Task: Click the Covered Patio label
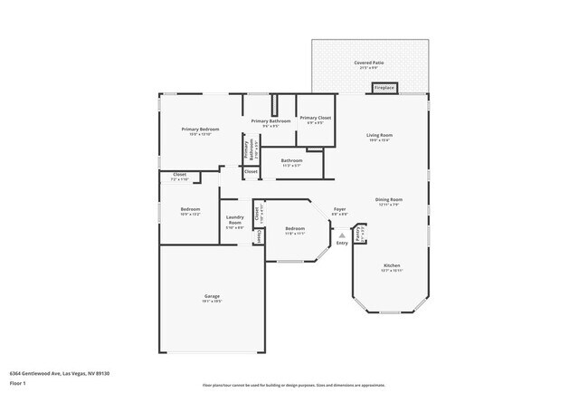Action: coord(368,63)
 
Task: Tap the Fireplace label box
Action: coord(384,88)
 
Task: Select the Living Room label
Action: coord(379,136)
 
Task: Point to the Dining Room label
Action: coord(389,200)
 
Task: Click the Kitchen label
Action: coord(391,266)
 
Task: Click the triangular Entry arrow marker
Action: coord(342,235)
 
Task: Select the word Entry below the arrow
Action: coord(342,243)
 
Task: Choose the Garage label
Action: coord(212,296)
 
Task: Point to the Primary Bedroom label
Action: coord(200,130)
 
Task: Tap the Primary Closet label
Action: coord(316,119)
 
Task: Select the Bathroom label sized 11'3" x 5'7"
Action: coord(291,161)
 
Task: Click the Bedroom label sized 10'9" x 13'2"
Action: coord(190,210)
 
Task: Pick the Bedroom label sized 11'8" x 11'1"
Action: coord(295,230)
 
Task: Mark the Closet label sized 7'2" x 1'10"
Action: coord(179,176)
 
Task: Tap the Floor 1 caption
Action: coord(18,383)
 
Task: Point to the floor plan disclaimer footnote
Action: coord(293,385)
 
